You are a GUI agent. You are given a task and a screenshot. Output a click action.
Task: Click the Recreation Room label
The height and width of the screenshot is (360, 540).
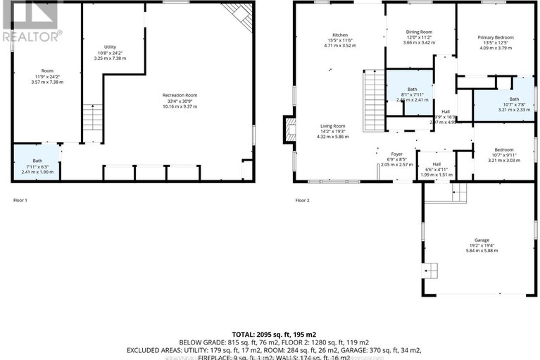180,94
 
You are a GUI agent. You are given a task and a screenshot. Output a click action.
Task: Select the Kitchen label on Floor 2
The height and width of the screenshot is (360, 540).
341,35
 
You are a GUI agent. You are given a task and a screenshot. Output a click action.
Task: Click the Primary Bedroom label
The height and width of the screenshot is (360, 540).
495,37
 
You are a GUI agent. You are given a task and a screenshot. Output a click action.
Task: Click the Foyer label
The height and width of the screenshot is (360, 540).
396,152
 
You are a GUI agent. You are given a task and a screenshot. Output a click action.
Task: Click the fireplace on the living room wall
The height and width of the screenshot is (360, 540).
289,128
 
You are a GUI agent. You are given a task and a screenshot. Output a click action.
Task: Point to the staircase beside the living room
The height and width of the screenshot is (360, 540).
372,100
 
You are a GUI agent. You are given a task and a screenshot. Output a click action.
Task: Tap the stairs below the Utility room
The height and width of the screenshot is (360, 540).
92,117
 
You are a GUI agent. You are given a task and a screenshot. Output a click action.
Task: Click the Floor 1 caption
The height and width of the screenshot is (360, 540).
20,200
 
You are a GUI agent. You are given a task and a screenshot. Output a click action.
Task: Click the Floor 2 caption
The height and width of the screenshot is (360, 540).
302,200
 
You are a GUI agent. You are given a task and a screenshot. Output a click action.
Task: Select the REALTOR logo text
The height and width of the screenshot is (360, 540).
32,35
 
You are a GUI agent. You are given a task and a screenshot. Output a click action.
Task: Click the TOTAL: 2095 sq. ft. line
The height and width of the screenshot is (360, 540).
270,333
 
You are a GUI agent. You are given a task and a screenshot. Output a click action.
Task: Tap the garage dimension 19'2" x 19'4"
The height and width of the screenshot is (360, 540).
478,245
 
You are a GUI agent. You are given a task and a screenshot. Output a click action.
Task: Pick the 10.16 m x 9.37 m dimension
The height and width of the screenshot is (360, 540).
180,106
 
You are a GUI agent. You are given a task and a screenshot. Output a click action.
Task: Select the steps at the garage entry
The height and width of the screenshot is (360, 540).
458,190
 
